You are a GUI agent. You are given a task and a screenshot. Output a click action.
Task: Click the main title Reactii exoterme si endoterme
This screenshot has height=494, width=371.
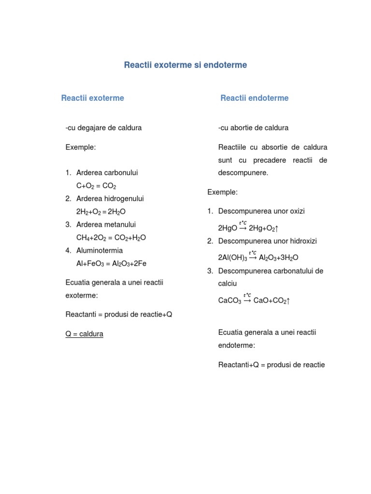point(185,65)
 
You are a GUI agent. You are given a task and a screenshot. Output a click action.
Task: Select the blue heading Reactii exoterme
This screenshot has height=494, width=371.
point(92,98)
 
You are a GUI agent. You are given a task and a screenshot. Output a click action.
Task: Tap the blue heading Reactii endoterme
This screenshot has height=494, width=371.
point(254,98)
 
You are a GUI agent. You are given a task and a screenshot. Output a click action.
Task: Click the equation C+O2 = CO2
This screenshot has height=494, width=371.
point(96,186)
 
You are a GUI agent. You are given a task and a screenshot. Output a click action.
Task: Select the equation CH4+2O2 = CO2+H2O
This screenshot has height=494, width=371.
point(111,238)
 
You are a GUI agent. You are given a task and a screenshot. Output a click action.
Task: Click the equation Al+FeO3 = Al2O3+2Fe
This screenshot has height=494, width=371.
point(111,264)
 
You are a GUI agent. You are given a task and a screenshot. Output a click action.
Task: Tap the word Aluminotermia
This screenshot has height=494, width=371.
point(100,250)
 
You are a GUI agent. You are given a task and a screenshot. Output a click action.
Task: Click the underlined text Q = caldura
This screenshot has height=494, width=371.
point(85,334)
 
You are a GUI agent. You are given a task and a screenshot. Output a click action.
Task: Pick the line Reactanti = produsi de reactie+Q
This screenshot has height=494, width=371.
point(119,315)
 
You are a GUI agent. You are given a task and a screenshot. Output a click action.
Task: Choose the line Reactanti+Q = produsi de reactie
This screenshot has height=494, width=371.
point(271,365)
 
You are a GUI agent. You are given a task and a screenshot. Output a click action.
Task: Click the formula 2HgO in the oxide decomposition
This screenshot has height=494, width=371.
point(228,228)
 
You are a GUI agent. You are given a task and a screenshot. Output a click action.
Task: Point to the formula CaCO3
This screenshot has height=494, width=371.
point(229,301)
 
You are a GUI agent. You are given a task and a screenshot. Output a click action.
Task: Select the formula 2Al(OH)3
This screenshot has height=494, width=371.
point(232,258)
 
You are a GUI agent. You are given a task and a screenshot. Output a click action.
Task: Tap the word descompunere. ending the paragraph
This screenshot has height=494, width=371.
point(243,173)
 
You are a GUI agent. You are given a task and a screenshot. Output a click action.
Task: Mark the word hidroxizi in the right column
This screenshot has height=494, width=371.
point(301,241)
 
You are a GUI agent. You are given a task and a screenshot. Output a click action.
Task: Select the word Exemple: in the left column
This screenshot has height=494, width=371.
point(81,147)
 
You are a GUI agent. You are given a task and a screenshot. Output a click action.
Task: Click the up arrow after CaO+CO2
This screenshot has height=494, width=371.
point(288,301)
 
